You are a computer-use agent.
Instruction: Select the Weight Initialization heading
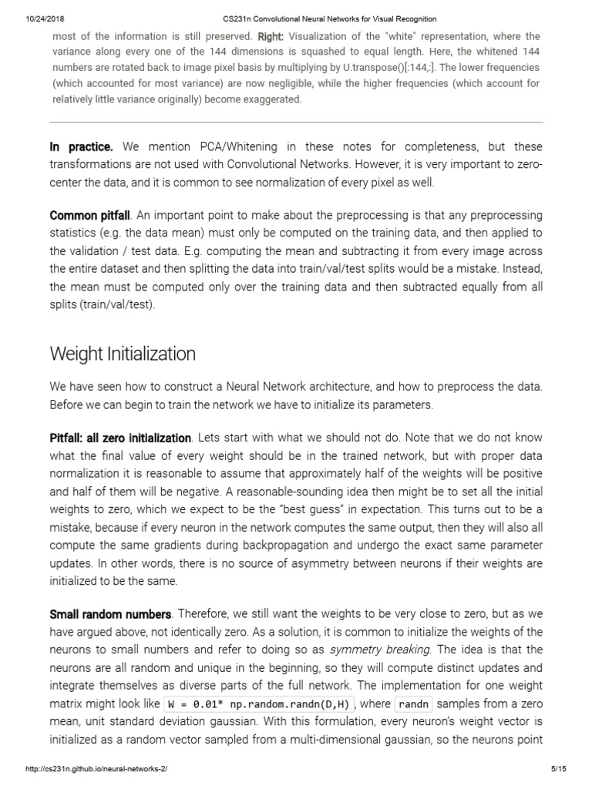(123, 354)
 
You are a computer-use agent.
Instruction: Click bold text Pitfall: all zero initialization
(119, 438)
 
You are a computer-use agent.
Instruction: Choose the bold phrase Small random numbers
(110, 614)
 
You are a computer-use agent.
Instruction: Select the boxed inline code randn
(413, 703)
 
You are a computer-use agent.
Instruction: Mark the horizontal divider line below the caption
(296, 122)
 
